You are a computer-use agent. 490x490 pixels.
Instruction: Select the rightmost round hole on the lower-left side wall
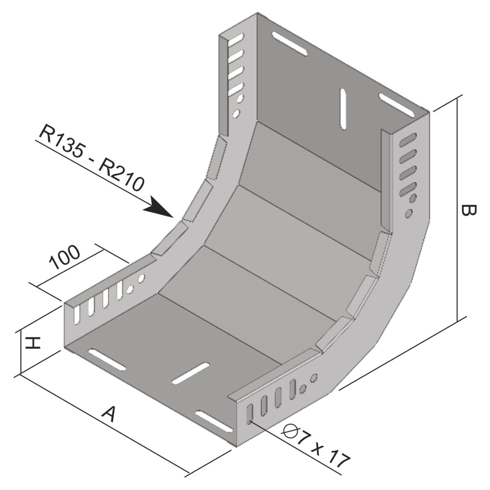click(x=142, y=279)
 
